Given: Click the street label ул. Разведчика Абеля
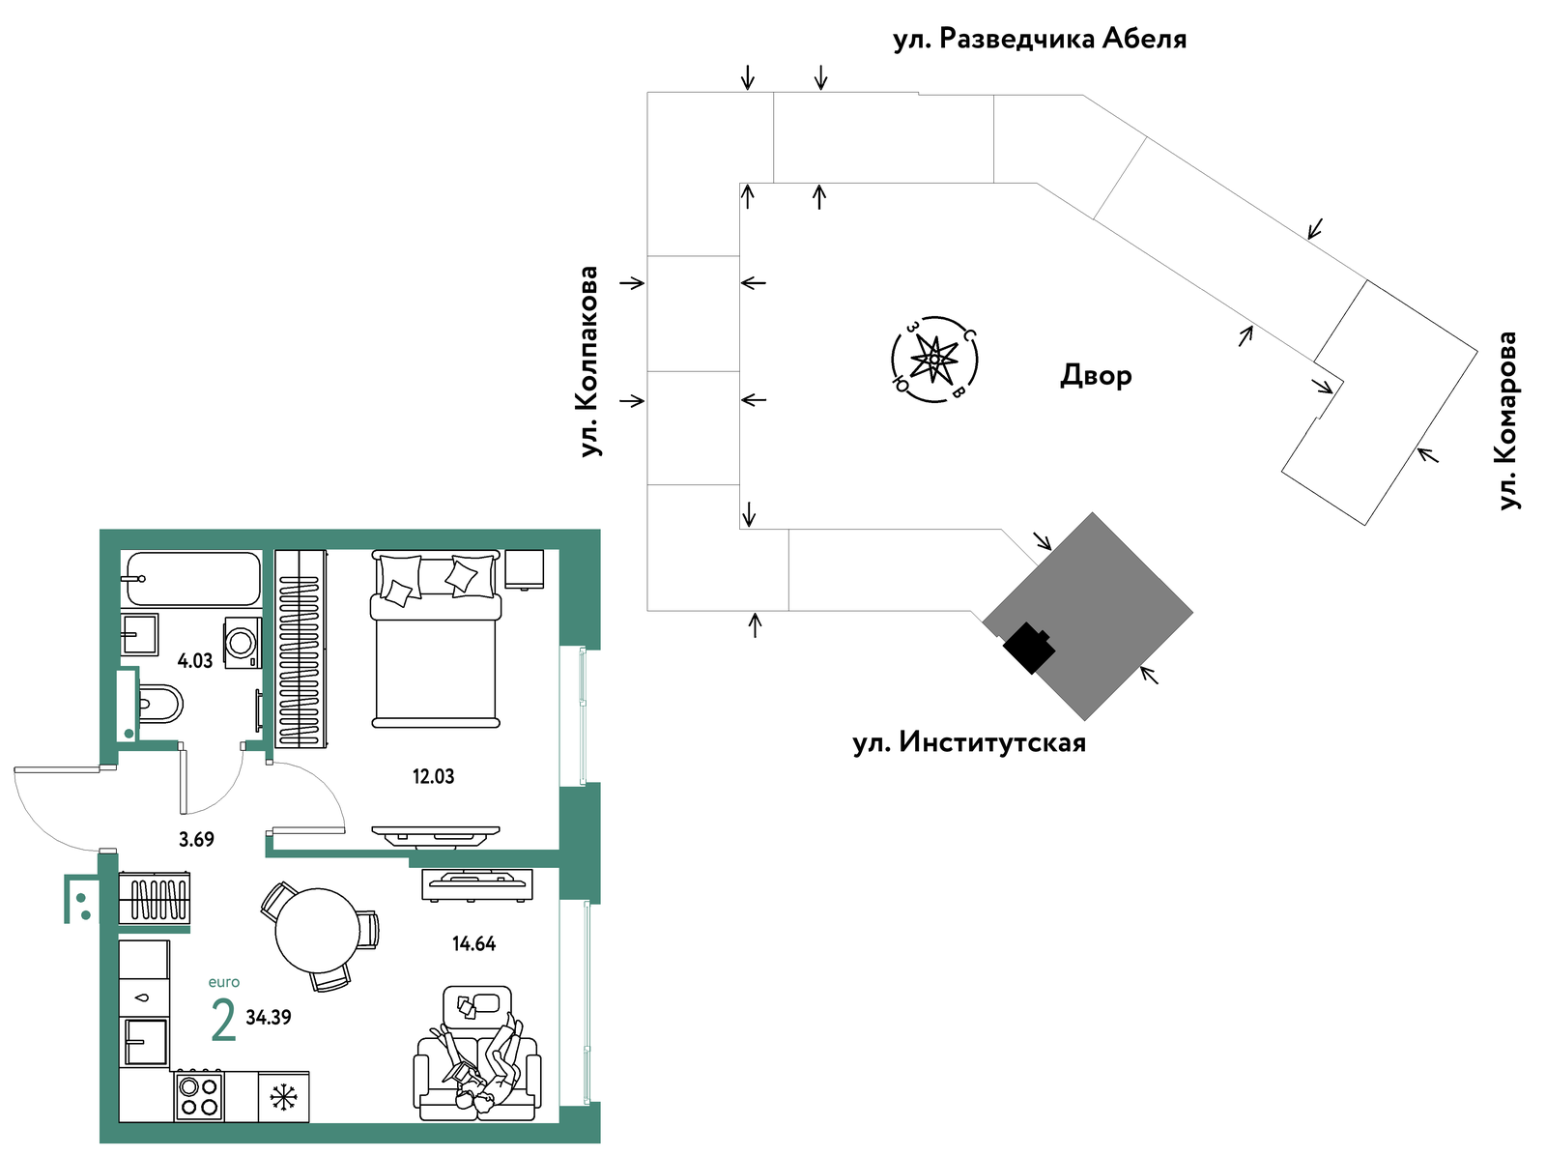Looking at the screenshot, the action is pos(1040,39).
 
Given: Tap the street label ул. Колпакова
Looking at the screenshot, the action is pos(588,361).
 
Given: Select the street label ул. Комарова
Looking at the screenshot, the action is pos(1507,420).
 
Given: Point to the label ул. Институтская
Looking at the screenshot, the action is pos(968,743).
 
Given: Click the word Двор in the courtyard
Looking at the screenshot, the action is pos(1096,375).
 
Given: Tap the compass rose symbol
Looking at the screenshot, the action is pos(934,360).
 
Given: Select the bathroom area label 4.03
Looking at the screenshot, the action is pos(195,661).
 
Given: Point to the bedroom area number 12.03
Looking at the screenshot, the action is pos(433,776).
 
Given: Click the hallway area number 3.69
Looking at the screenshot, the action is pos(196,839).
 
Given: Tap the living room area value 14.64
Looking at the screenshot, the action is pos(474,943).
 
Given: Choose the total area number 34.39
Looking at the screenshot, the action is pos(269,1017).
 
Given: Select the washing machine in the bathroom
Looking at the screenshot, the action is pos(243,643).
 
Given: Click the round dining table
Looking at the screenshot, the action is pos(318,930).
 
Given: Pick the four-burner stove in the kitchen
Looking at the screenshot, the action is pos(199,1097).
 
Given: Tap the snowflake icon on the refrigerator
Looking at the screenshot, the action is pos(283,1097).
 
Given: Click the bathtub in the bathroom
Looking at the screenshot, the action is pos(193,578).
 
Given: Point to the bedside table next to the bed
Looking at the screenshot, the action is pos(525,569).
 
